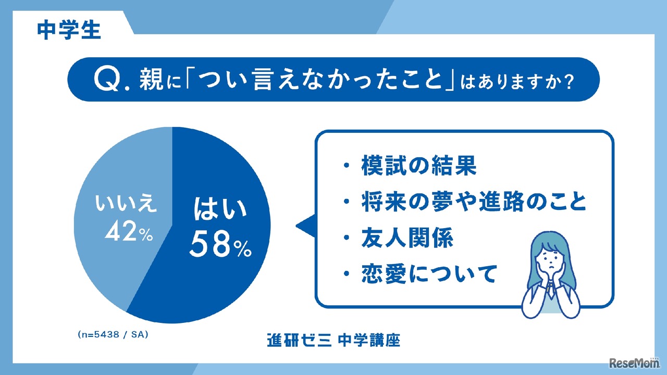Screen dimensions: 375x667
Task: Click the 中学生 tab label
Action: point(69,30)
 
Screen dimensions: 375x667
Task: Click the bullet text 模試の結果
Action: point(418,166)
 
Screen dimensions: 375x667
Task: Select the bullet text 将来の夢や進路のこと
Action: point(473,203)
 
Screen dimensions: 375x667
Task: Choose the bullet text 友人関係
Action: point(407,239)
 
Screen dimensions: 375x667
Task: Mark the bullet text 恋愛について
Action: point(428,274)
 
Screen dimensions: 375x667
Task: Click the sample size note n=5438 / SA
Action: point(113,335)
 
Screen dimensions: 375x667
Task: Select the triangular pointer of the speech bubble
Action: point(305,226)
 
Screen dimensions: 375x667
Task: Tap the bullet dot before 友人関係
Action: point(347,239)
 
